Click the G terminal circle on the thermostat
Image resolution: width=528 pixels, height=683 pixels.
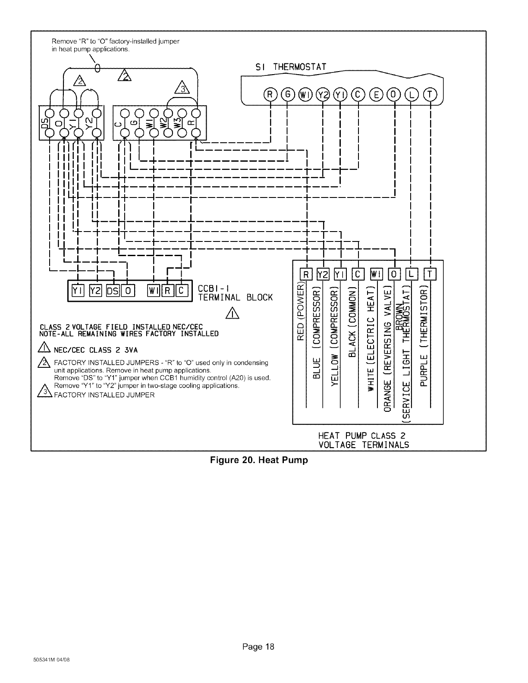(287, 94)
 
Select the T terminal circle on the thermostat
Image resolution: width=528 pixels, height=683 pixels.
(430, 94)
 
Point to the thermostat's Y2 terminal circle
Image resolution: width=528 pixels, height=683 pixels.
(323, 94)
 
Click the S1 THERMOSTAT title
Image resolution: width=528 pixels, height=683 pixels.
(292, 67)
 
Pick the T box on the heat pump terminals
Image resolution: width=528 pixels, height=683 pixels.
(431, 274)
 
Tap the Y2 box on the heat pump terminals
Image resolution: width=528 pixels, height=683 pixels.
(323, 274)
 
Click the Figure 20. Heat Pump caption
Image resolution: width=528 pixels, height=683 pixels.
(259, 460)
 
